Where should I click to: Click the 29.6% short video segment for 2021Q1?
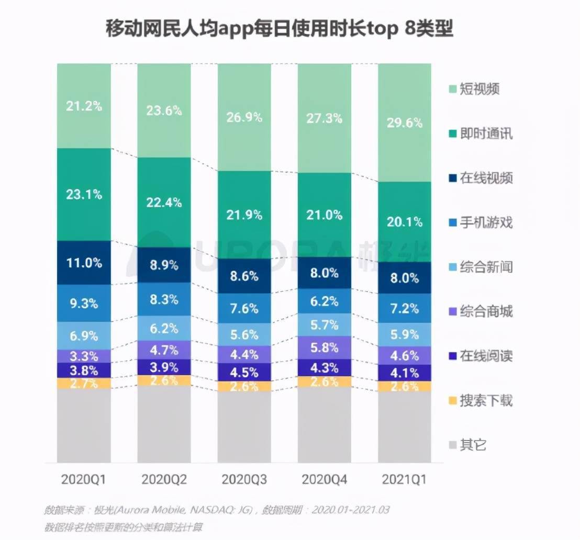click(404, 122)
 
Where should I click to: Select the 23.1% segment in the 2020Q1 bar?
click(84, 194)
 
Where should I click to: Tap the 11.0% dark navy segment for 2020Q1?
click(84, 263)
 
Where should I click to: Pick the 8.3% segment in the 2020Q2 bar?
click(164, 299)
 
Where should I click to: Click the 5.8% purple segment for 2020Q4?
click(325, 346)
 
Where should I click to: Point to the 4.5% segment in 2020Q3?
click(244, 373)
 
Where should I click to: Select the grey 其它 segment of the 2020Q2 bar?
click(164, 424)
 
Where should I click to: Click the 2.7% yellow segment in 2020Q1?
click(84, 384)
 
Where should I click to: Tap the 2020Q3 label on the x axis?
click(244, 479)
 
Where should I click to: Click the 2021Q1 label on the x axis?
click(404, 479)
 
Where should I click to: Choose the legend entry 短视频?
click(479, 89)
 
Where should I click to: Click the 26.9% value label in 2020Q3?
click(244, 117)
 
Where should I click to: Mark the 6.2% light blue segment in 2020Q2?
click(164, 329)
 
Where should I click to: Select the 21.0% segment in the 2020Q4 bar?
click(325, 215)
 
